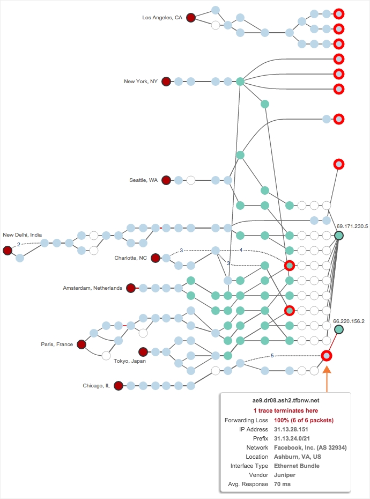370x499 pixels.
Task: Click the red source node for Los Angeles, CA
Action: [x=191, y=18]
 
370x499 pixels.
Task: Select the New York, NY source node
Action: [x=166, y=82]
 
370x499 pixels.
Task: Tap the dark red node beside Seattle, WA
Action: [x=166, y=180]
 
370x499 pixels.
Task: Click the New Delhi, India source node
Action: [x=8, y=251]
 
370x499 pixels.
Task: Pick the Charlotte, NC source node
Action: [x=156, y=258]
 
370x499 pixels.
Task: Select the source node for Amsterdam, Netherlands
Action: [x=131, y=288]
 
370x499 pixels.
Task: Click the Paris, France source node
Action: [x=82, y=344]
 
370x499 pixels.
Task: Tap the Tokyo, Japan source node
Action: [x=143, y=352]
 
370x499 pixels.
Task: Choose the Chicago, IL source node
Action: [x=119, y=385]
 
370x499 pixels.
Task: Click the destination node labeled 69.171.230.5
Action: [x=339, y=236]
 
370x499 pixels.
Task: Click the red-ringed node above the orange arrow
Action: [x=326, y=355]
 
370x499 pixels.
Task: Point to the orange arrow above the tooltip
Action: [x=327, y=376]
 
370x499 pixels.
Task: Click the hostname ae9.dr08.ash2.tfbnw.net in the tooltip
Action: [x=285, y=400]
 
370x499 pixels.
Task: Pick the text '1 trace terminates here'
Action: [x=285, y=410]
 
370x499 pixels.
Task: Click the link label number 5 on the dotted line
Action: [x=272, y=355]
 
